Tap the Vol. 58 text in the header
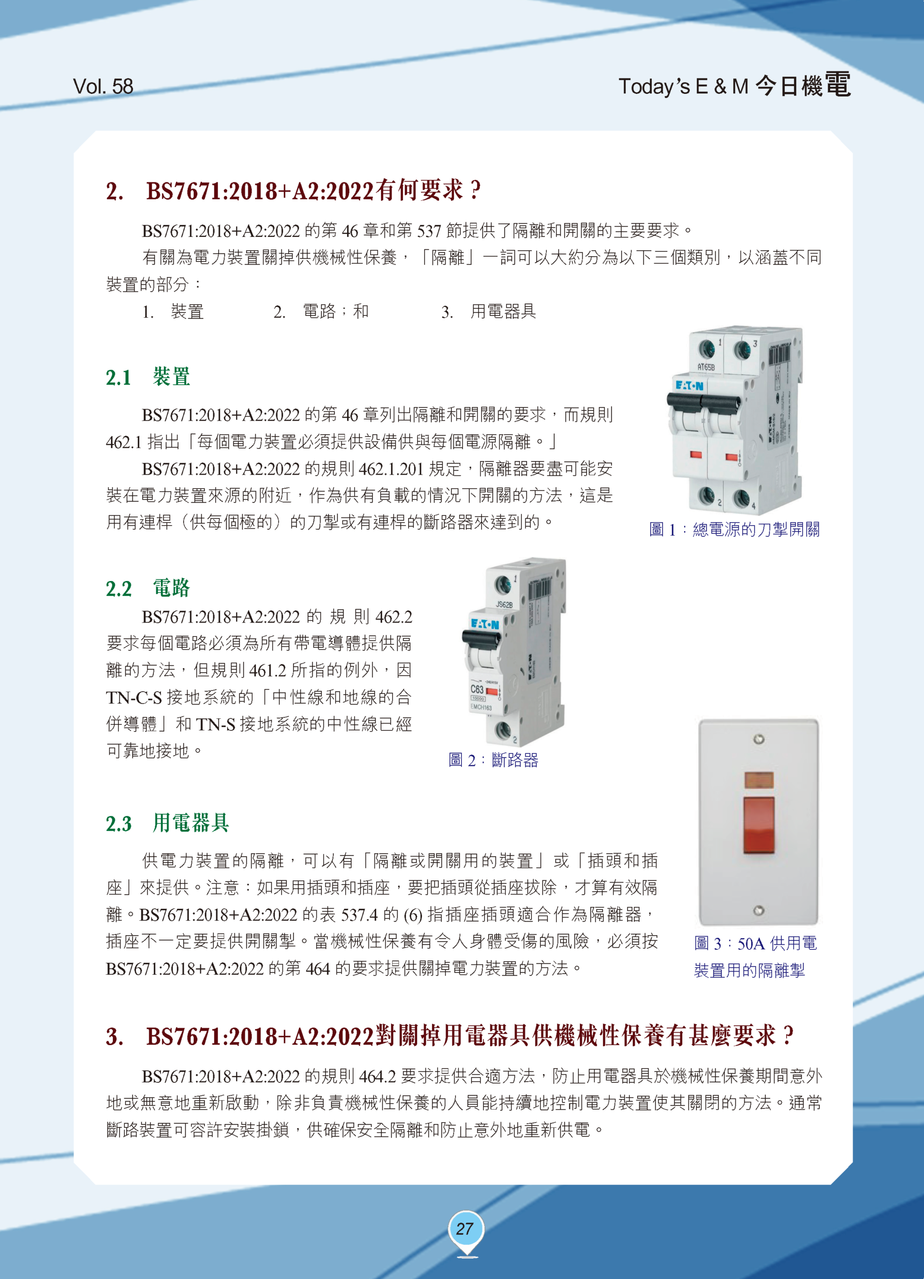[x=103, y=86]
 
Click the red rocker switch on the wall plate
[x=758, y=825]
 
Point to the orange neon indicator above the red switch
[x=759, y=780]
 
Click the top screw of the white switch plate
[x=759, y=739]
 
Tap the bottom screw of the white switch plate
[x=759, y=911]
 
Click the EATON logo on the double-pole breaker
[x=689, y=386]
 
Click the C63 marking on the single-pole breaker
[x=477, y=689]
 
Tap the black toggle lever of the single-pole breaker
[x=481, y=639]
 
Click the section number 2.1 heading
[x=118, y=377]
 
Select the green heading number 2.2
[x=118, y=589]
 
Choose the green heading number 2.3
[x=118, y=824]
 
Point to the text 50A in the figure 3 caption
[x=751, y=943]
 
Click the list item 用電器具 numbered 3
[x=503, y=311]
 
